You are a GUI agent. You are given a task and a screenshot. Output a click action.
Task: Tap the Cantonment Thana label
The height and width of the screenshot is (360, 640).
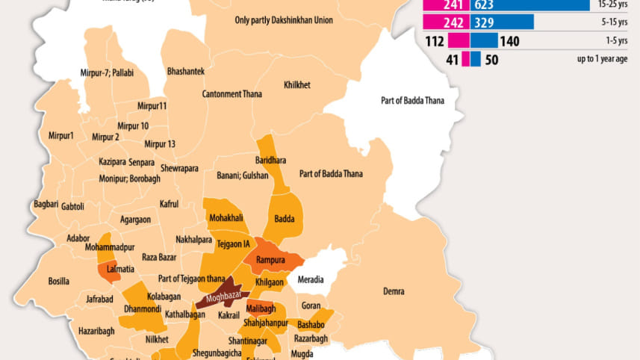(232, 94)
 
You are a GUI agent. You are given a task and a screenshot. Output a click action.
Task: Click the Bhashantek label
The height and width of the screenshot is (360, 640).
(187, 70)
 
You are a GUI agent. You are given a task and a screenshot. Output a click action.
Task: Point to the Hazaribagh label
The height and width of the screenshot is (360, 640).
(98, 329)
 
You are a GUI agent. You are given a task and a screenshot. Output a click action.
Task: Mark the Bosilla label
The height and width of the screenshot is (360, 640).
(59, 281)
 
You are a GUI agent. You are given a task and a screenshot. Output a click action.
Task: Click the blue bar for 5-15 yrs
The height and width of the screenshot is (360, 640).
(501, 22)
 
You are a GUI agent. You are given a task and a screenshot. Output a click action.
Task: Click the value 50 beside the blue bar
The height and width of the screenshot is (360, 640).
(491, 60)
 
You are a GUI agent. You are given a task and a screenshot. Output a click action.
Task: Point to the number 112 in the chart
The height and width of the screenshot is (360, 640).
(435, 41)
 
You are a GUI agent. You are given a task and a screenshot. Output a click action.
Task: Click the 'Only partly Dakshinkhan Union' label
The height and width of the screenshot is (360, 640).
(284, 21)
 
